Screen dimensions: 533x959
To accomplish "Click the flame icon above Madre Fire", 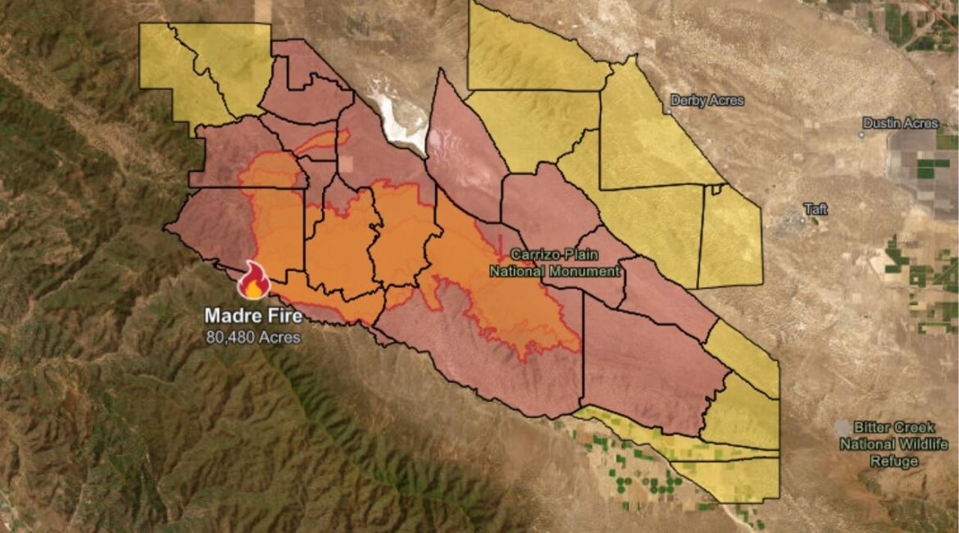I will coord(253,281).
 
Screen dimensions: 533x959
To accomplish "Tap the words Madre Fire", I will coord(253,315).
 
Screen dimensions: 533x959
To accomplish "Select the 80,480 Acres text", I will coord(253,336).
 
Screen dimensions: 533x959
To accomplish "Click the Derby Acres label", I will coord(707,101).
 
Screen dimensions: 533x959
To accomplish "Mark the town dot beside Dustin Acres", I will coord(863,133).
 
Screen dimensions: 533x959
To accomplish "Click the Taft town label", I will coord(816,209).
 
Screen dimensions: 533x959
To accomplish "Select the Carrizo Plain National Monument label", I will coord(553,262).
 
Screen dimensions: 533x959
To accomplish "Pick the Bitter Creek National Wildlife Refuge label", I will coord(893,444).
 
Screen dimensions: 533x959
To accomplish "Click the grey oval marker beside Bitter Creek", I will coord(843,428).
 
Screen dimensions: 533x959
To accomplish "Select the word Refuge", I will coord(895,461).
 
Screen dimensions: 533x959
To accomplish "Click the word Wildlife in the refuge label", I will coord(921,444).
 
